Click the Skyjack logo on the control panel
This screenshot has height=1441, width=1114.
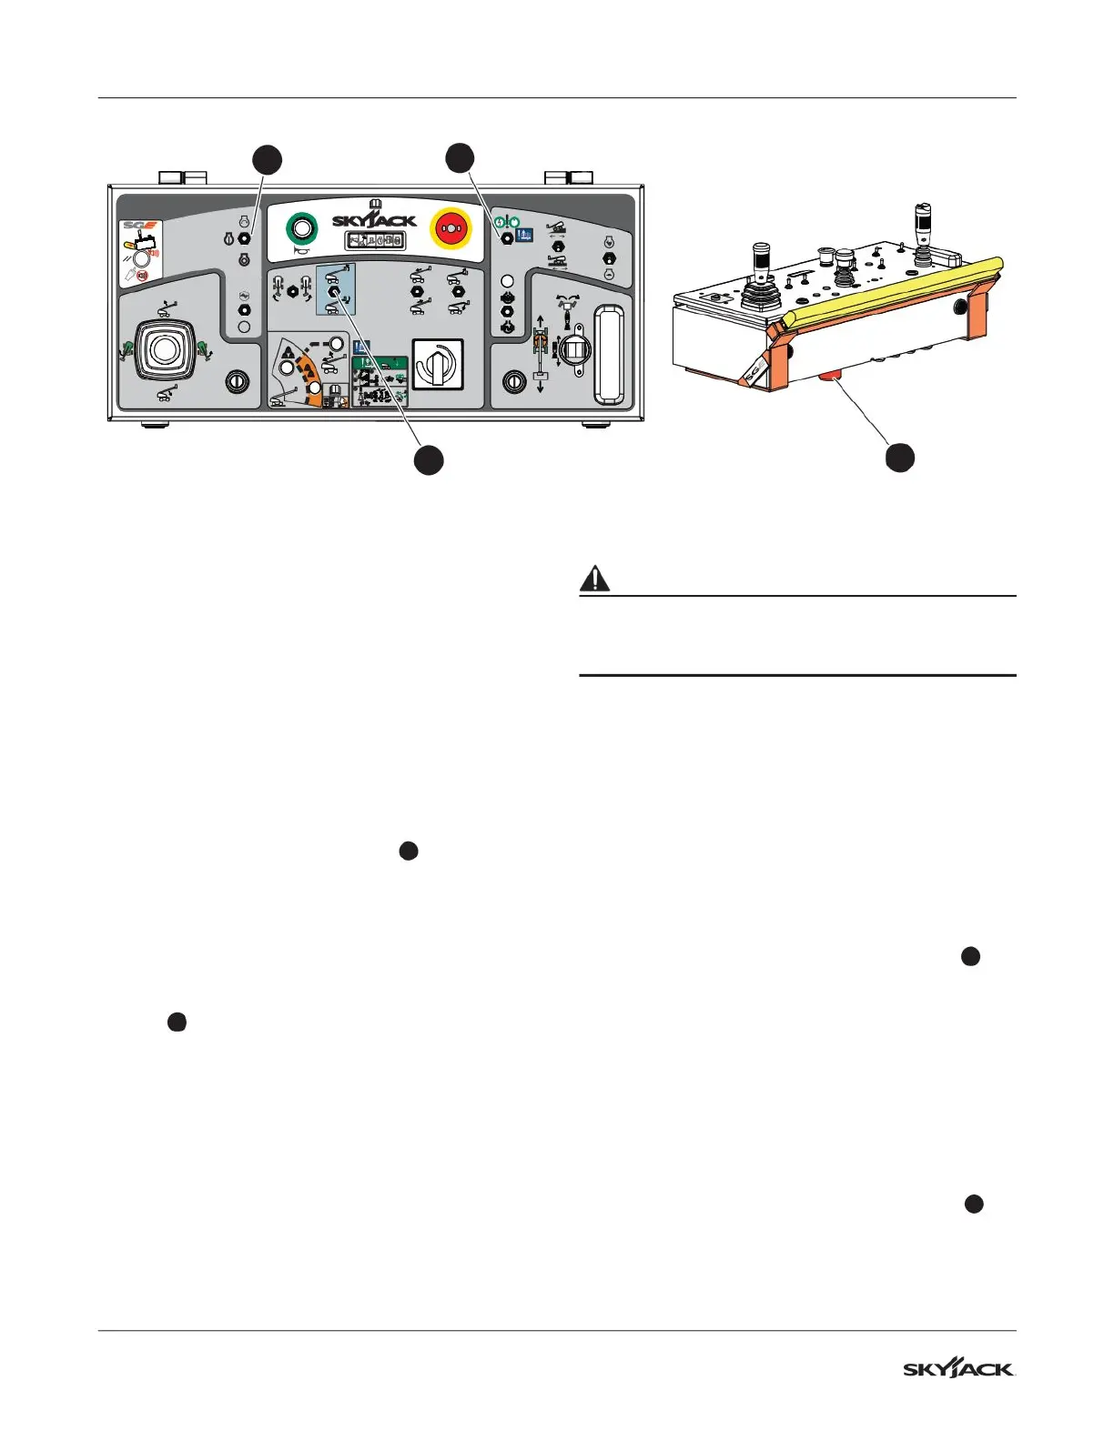[374, 219]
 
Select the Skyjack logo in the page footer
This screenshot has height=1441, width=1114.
[959, 1369]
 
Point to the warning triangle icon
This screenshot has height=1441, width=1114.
[595, 579]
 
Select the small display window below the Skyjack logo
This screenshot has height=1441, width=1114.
[374, 241]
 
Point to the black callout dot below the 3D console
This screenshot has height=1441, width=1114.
[900, 457]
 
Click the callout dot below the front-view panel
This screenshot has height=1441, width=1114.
[429, 459]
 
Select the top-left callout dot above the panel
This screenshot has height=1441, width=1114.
[267, 159]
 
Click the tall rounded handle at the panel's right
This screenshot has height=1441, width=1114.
[609, 355]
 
